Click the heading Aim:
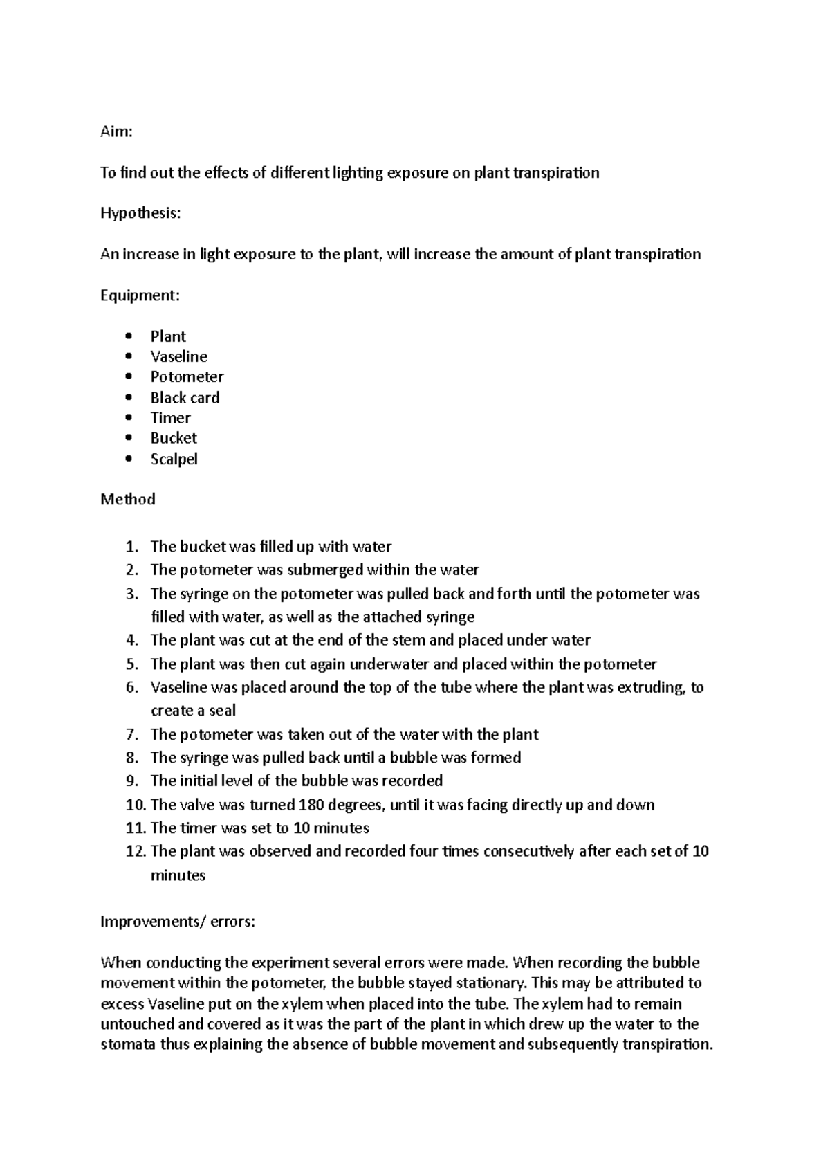[x=116, y=131]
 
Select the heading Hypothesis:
[x=140, y=213]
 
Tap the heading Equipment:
[x=140, y=295]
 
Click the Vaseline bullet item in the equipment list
[x=178, y=356]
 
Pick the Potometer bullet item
[x=187, y=376]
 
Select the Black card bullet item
[x=185, y=397]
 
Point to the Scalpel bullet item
[x=174, y=459]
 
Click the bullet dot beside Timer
[x=128, y=418]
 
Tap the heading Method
[x=127, y=499]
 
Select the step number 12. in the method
[x=134, y=851]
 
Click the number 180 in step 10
[x=311, y=805]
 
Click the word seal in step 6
[x=222, y=711]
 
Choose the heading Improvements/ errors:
[x=178, y=922]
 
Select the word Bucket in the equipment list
[x=174, y=438]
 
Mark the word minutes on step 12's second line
[x=178, y=875]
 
